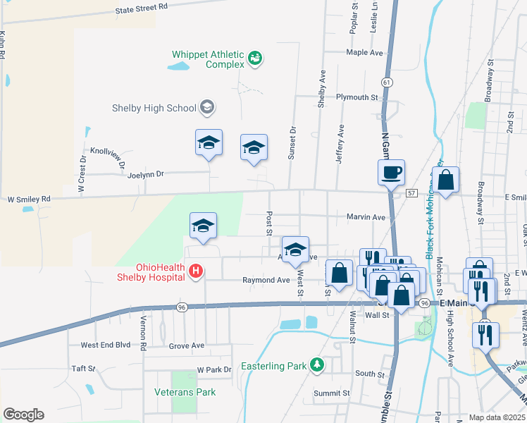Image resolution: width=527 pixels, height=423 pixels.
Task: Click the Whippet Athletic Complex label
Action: coord(209,59)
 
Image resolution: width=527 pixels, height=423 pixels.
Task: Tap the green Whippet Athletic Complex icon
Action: coord(256,58)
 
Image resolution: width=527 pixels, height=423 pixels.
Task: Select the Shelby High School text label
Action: coord(154,108)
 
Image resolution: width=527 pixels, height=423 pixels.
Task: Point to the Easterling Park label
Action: coord(274,366)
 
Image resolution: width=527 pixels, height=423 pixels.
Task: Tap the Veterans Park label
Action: coord(185,392)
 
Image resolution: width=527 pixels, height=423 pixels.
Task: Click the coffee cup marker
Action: coord(391,171)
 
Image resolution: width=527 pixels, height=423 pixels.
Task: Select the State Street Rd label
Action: coord(142,8)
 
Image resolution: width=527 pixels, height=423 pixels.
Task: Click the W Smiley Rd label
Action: coord(29,200)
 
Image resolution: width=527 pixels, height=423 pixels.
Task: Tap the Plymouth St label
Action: coord(357,97)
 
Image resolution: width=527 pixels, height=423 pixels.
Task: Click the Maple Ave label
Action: coord(364,52)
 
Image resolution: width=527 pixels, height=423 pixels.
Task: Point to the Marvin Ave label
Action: coord(366,217)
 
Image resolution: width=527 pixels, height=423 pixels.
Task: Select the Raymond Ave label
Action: coord(266,280)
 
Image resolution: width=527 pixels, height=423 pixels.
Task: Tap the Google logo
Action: coord(23,415)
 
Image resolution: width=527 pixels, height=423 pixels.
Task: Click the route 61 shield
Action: coord(387,82)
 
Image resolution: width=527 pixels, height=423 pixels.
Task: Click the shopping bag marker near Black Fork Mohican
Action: coord(446,180)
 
